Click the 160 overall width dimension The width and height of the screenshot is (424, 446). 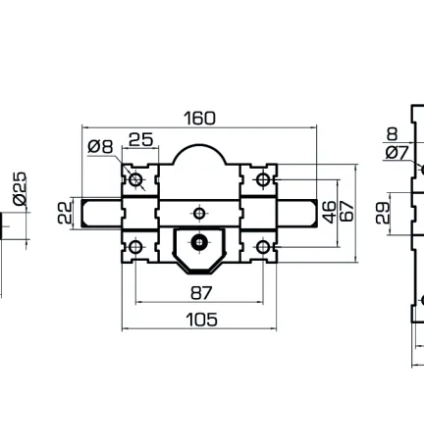point(199,119)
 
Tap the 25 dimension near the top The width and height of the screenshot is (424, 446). point(141,140)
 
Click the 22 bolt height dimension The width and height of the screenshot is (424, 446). point(65,213)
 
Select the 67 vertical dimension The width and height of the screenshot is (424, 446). point(345,213)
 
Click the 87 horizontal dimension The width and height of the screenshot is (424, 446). point(199,293)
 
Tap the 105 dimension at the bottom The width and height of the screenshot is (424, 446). point(199,319)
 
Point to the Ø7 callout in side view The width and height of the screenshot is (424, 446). point(397,152)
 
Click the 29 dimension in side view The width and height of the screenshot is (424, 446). point(384,212)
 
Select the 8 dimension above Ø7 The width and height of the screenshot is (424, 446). point(393,134)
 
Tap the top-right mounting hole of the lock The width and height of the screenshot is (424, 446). point(263,180)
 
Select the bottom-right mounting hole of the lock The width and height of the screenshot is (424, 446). point(263,246)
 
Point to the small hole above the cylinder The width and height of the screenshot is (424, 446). point(199,213)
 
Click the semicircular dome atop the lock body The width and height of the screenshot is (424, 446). point(199,159)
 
